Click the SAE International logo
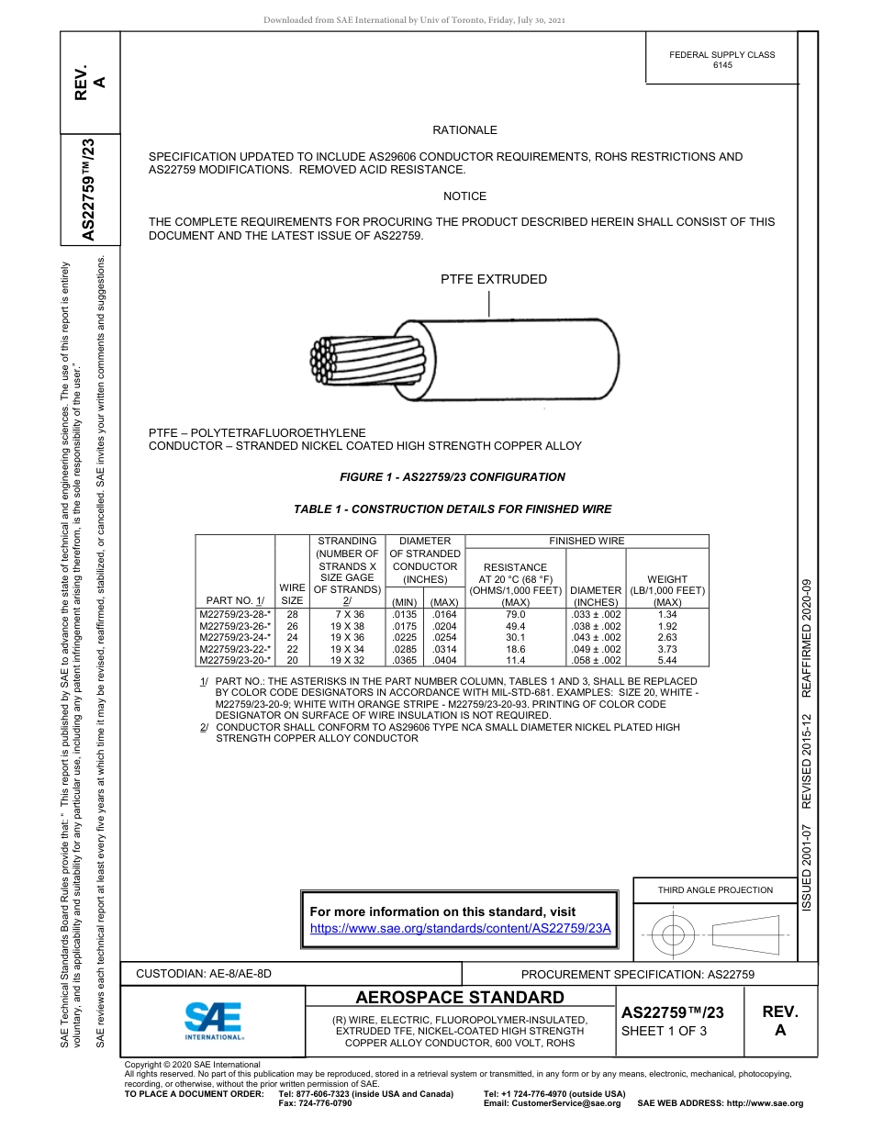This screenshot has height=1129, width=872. pyautogui.click(x=213, y=1019)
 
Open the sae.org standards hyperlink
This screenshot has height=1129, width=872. pyautogui.click(x=461, y=928)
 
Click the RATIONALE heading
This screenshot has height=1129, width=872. pyautogui.click(x=464, y=130)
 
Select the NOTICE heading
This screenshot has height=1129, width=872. pyautogui.click(x=464, y=196)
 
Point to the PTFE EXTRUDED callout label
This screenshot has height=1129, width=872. pyautogui.click(x=493, y=280)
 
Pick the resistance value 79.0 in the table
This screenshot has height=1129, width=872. pyautogui.click(x=515, y=614)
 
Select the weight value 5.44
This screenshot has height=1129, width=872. pyautogui.click(x=667, y=660)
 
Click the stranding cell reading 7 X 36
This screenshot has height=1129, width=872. pyautogui.click(x=348, y=614)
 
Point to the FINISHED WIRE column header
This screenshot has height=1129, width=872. pyautogui.click(x=587, y=542)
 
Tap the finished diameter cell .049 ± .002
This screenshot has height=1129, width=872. pyautogui.click(x=596, y=649)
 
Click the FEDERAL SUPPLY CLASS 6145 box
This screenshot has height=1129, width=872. pyautogui.click(x=721, y=60)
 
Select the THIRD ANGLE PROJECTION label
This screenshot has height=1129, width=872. pyautogui.click(x=715, y=889)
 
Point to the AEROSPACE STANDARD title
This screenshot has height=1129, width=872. pyautogui.click(x=460, y=998)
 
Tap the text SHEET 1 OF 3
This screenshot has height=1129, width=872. pyautogui.click(x=664, y=1031)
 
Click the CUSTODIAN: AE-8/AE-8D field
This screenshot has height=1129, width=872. pyautogui.click(x=204, y=973)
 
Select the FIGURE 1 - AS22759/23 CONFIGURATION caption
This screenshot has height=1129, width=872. pyautogui.click(x=453, y=477)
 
